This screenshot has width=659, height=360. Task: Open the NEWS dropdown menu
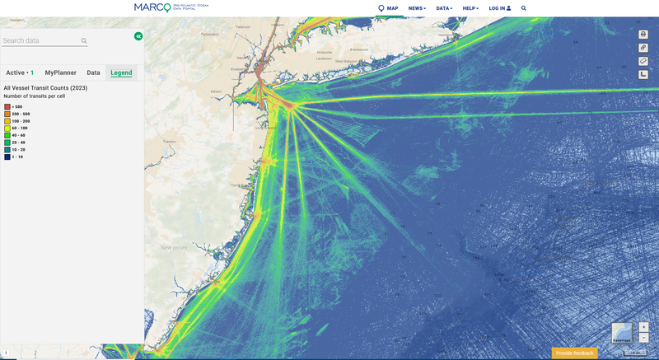[x=418, y=8]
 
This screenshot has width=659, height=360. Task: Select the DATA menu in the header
[x=445, y=8]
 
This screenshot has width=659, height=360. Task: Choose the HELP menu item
[x=470, y=8]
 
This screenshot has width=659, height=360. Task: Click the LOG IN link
[x=499, y=8]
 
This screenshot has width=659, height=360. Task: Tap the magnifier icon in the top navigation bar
[x=523, y=8]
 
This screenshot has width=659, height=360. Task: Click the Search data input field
[x=40, y=40]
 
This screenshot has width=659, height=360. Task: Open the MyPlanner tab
[x=61, y=72]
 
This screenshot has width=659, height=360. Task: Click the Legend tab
[x=121, y=72]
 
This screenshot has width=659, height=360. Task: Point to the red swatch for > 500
[x=7, y=106]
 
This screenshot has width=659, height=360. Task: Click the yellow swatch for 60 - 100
[x=7, y=128]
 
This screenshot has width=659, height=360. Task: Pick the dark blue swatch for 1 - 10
[x=7, y=157]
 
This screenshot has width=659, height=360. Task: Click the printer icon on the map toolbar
[x=643, y=34]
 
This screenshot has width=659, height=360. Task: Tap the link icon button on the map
[x=643, y=47]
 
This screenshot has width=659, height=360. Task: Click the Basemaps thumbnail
[x=622, y=333]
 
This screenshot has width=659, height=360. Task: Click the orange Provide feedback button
[x=574, y=353]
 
